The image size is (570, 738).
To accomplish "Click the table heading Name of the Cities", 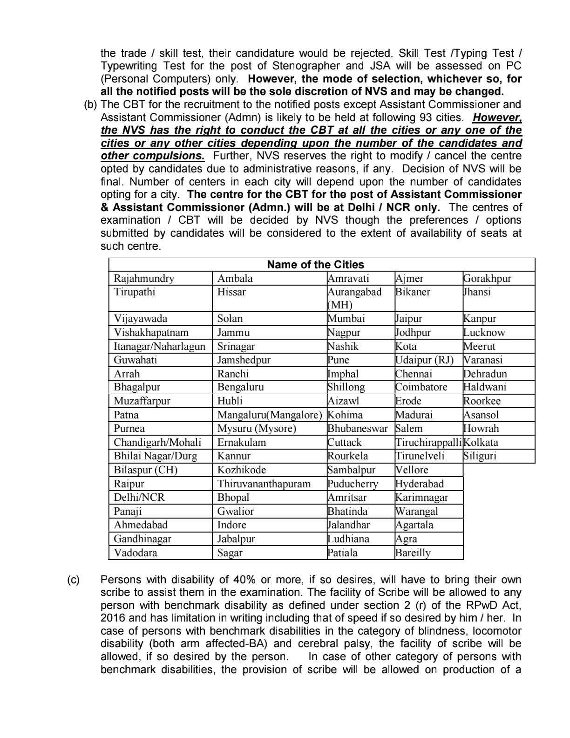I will click(315, 265).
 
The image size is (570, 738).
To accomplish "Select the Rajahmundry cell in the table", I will click(144, 279).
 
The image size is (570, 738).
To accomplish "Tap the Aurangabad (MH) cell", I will click(354, 298).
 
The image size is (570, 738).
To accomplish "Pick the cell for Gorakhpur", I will click(487, 279).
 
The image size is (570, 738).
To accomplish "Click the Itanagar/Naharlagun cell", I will click(159, 347).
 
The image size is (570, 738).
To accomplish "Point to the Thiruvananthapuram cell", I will click(264, 484).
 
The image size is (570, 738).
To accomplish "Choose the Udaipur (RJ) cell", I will click(424, 360).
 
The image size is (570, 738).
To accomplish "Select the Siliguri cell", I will click(480, 456).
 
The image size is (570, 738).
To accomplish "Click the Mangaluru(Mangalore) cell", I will click(269, 415).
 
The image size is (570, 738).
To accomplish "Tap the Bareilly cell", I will click(413, 553).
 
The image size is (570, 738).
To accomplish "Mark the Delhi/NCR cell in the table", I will click(139, 498).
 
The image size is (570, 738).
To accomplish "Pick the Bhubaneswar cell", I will click(357, 429).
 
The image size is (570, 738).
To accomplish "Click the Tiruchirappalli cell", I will click(428, 443).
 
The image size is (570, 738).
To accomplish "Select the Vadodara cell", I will click(136, 553).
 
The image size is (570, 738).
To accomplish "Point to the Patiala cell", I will click(343, 553).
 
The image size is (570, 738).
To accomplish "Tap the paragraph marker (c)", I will click(74, 580).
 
